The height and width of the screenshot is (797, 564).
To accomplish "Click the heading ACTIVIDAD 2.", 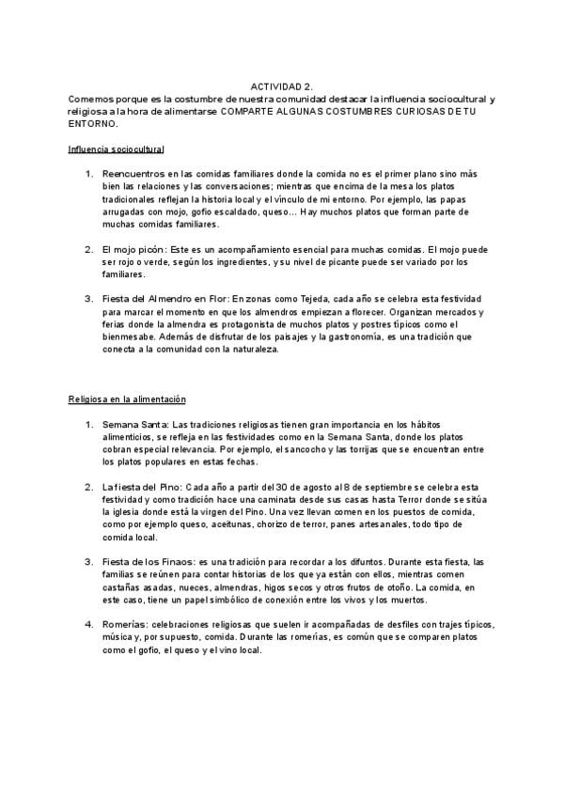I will pyautogui.click(x=282, y=86).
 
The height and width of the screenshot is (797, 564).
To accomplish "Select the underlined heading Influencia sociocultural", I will pyautogui.click(x=116, y=149).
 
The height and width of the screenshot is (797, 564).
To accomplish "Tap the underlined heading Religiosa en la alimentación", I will pyautogui.click(x=127, y=399).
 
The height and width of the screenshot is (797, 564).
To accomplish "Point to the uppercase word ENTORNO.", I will pyautogui.click(x=94, y=123).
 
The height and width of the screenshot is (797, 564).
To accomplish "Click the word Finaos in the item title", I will pyautogui.click(x=168, y=560).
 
